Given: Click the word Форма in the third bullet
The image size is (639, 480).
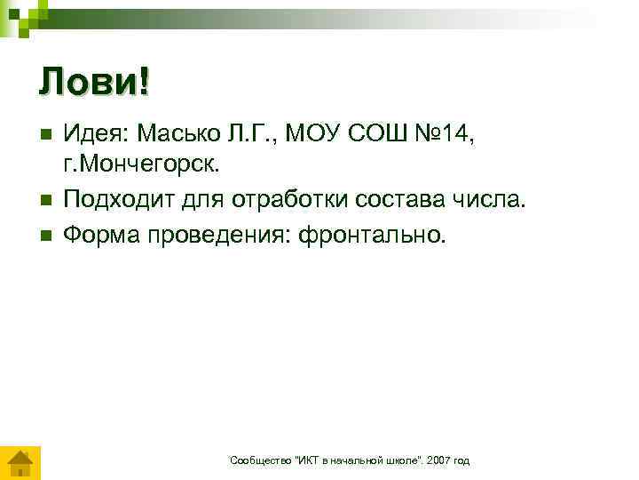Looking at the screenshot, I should tap(95, 235).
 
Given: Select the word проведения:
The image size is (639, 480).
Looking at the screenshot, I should tap(206, 235).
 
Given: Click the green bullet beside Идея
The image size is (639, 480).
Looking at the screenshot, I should tap(47, 134).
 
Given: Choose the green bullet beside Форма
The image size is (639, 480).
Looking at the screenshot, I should tap(47, 236).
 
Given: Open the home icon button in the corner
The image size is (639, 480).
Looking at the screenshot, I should tap(18, 463).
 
